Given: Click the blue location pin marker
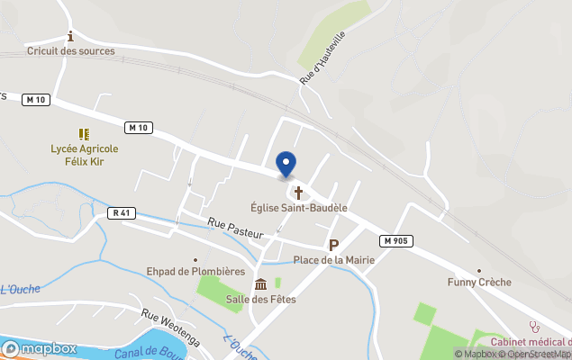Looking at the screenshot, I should (286, 165).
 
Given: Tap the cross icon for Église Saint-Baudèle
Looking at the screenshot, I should (298, 193).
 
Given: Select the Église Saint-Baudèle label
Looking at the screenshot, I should (299, 208).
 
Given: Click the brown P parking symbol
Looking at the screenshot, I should (333, 245).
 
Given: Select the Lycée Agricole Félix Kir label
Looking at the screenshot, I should (86, 155).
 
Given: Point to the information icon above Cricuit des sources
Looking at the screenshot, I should (70, 36).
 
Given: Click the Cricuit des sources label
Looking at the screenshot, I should (71, 51).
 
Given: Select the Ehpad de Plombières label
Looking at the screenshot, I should (195, 271).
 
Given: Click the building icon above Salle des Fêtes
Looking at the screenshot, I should (260, 284).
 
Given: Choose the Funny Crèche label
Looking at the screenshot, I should (479, 283).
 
